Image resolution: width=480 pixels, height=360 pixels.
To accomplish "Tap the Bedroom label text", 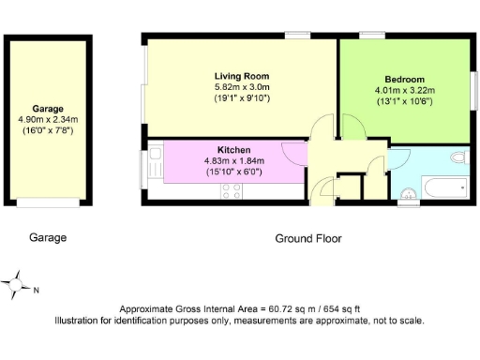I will [x=404, y=80].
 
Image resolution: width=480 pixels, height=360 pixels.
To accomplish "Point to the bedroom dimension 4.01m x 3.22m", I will [x=404, y=91].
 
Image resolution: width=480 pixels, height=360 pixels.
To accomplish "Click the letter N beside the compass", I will [x=37, y=290].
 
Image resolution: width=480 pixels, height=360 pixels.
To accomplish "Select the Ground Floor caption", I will [x=308, y=238].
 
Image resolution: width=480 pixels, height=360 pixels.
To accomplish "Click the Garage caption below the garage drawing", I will [x=48, y=238].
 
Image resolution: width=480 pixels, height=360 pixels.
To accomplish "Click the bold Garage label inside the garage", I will [x=48, y=109].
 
